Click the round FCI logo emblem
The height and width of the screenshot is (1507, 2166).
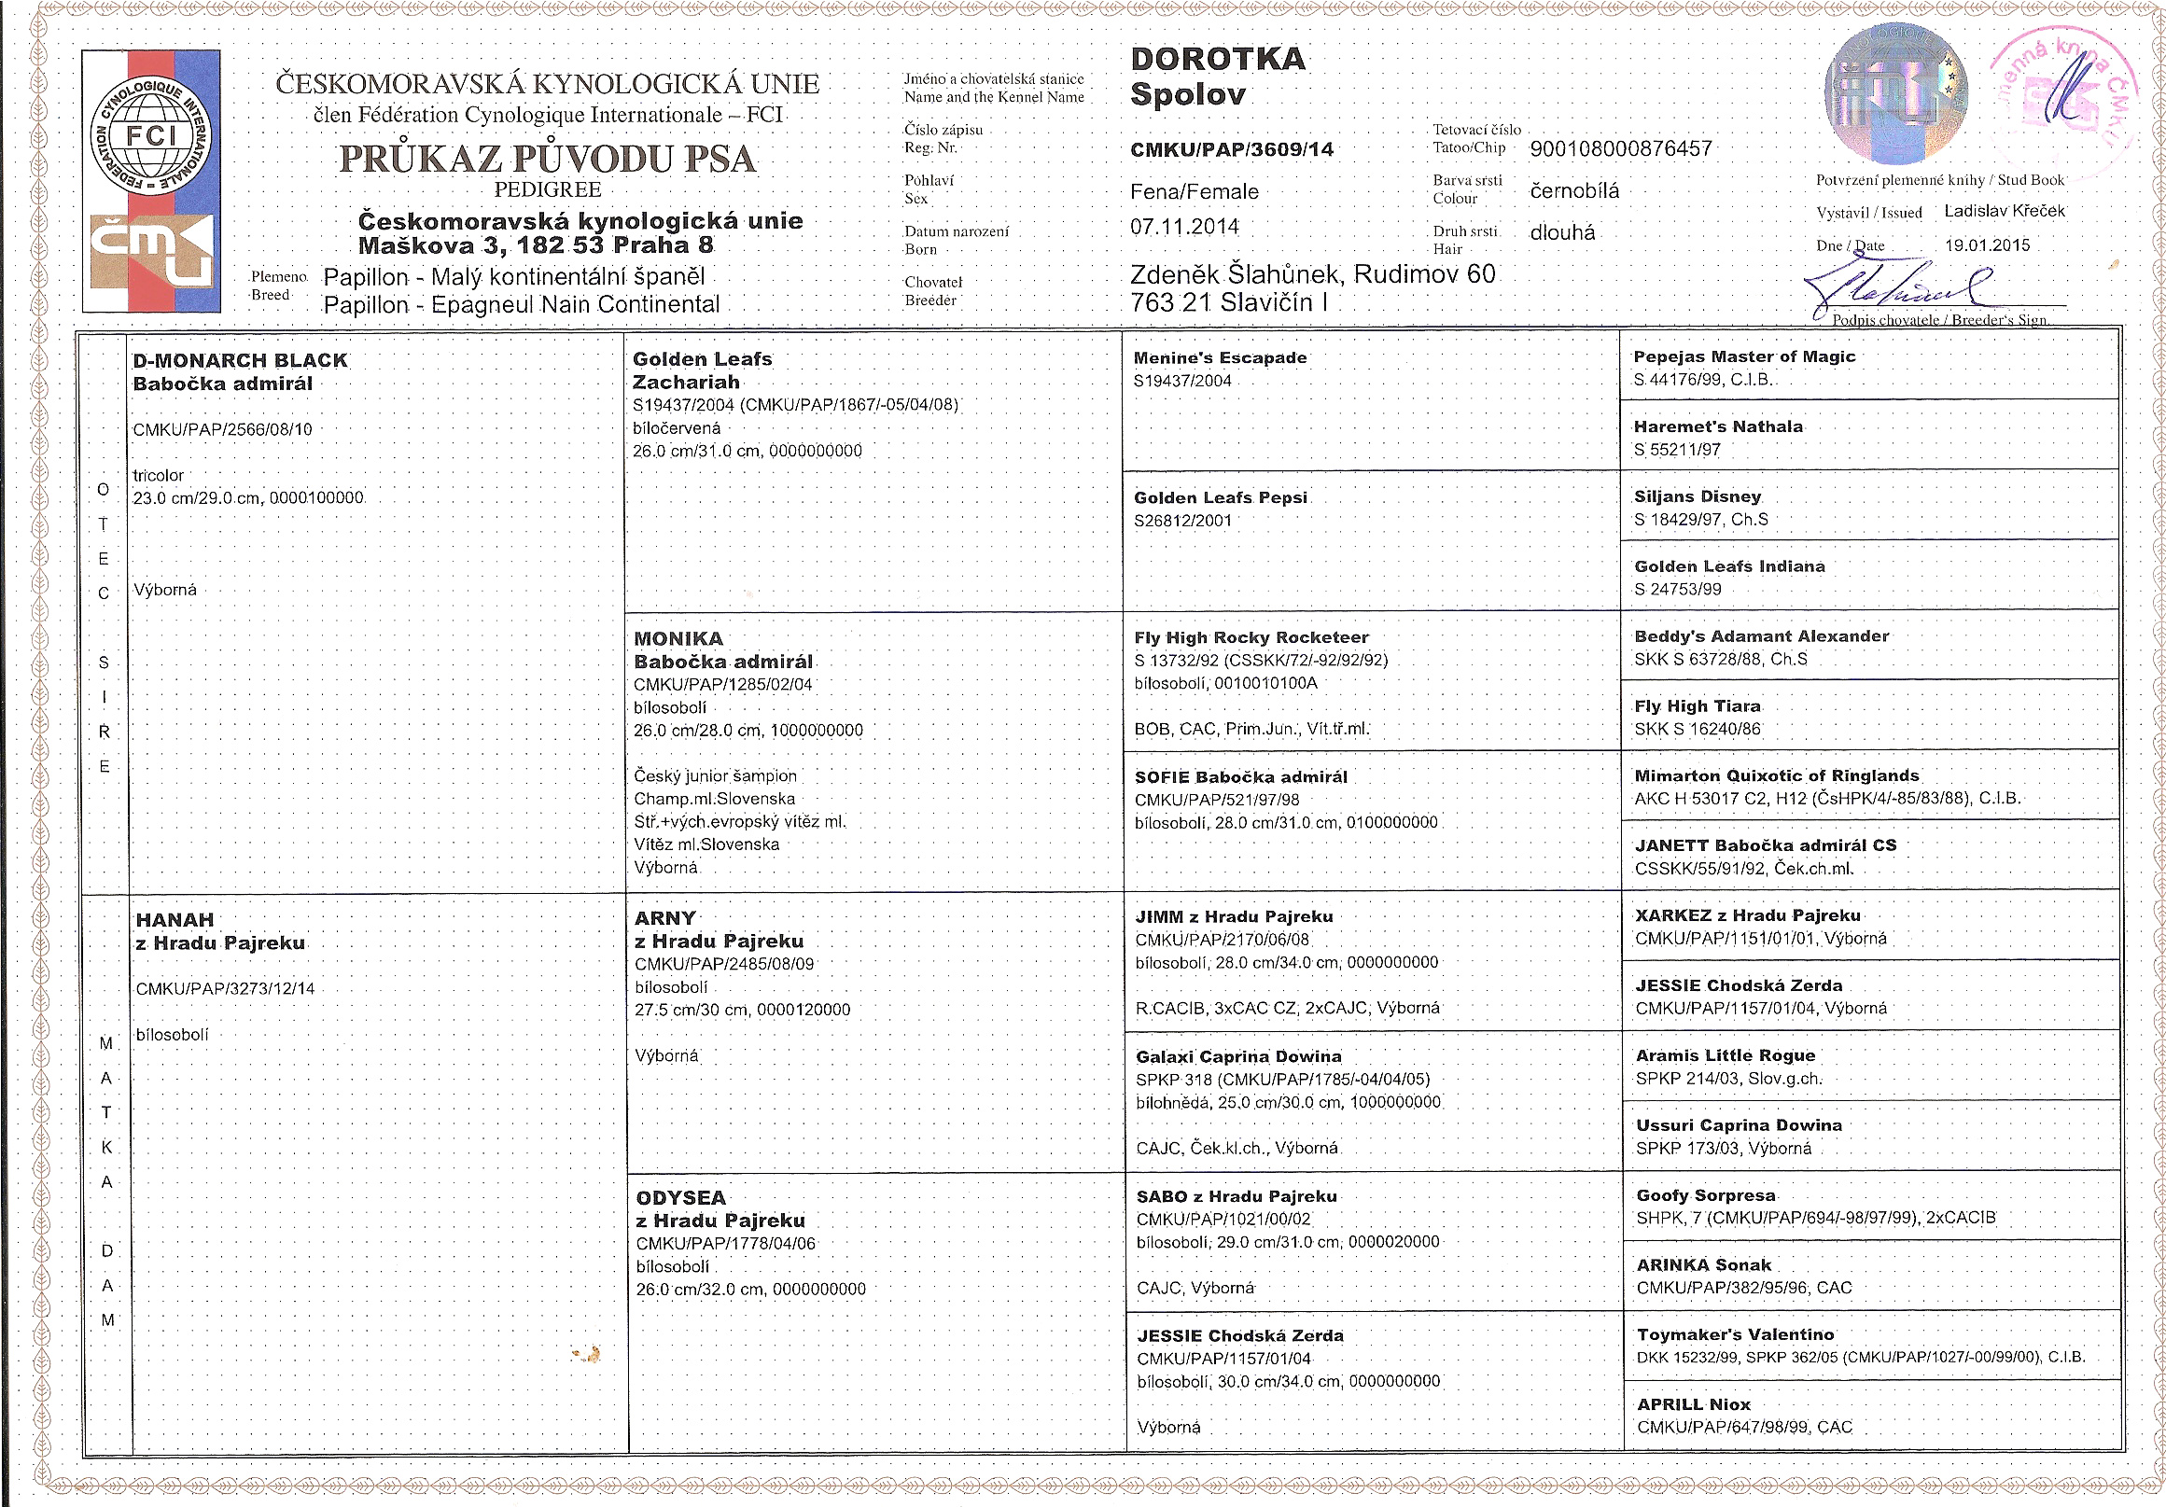[x=150, y=135]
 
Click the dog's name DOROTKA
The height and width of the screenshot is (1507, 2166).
[x=1218, y=60]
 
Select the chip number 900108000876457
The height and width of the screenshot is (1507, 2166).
[x=1620, y=149]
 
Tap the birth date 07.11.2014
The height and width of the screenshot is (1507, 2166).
[x=1184, y=228]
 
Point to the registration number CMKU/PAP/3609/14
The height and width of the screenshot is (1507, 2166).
[x=1231, y=150]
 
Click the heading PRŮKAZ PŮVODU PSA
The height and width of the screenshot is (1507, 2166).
[x=547, y=159]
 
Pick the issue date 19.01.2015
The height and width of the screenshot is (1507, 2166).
[x=1987, y=245]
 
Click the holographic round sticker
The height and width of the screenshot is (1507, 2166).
[x=1895, y=94]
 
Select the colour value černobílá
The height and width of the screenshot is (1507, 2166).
[x=1573, y=191]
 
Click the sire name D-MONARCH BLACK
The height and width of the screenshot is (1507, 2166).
[x=241, y=360]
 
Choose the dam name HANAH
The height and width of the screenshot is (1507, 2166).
[x=175, y=919]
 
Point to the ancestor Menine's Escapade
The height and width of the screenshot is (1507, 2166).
[x=1220, y=358]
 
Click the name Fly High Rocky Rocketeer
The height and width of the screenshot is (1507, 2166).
[x=1251, y=637]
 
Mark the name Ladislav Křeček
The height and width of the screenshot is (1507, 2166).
[x=2004, y=211]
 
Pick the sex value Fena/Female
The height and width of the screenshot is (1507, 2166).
[x=1194, y=192]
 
